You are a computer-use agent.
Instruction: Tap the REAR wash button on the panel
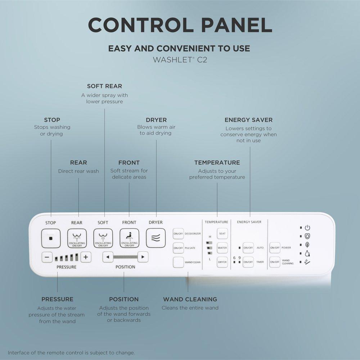point(77,238)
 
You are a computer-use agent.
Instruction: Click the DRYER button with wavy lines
point(156,238)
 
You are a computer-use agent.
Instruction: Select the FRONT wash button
point(129,238)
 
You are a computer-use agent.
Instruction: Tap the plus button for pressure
point(86,257)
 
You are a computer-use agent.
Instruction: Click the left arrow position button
point(108,257)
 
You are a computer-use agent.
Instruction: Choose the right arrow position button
point(143,257)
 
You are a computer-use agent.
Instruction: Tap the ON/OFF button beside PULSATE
point(178,248)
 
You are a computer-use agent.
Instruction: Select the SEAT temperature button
point(222,234)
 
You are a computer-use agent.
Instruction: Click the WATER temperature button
point(222,248)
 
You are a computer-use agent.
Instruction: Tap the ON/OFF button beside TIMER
point(248,262)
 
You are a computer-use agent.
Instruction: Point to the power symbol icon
point(307,228)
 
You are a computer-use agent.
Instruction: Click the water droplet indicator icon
point(307,253)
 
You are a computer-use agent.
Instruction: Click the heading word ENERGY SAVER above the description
point(248,120)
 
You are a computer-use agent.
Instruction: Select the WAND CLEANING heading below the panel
point(190,299)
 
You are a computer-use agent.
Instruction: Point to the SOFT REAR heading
point(104,86)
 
